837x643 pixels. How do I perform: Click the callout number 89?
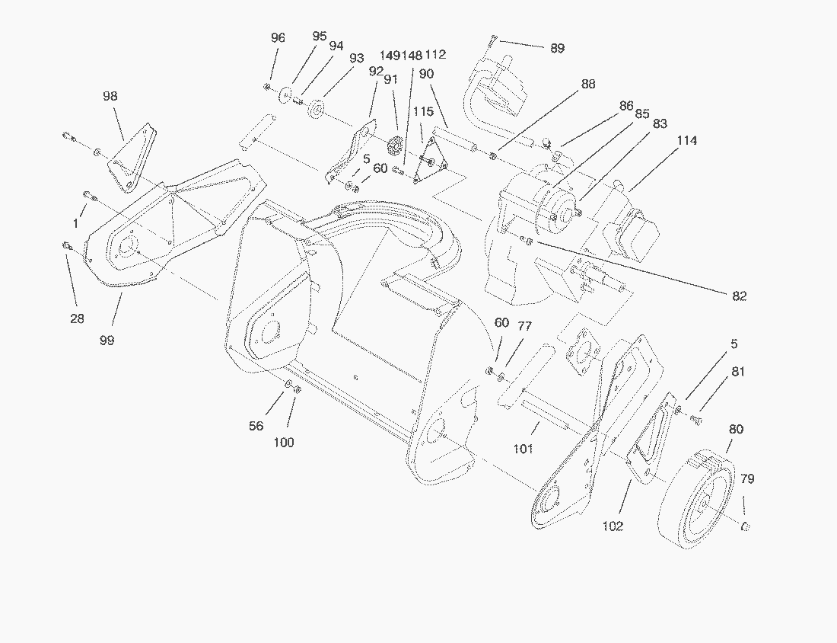coord(558,48)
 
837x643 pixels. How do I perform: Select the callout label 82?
coord(739,296)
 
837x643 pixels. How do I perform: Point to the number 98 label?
coord(111,96)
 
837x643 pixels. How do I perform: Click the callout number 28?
coord(77,318)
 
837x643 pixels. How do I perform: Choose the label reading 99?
coord(107,341)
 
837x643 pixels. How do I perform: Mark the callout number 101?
coord(523,449)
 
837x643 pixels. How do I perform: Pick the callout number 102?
coord(613,526)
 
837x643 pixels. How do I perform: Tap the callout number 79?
coord(747,479)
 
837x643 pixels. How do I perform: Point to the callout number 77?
coord(525,326)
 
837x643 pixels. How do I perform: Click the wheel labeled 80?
coord(696,503)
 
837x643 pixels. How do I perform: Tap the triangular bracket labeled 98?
coord(129,160)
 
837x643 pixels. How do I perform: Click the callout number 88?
coord(587,85)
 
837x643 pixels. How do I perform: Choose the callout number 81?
coord(738,372)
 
